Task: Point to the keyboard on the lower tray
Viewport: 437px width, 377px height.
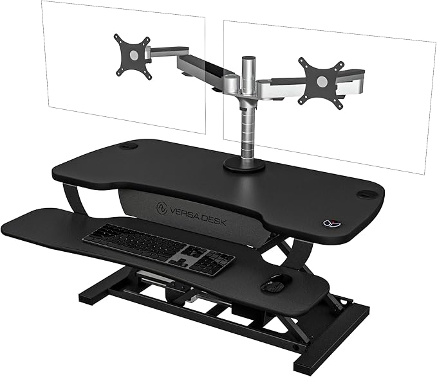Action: coord(157,245)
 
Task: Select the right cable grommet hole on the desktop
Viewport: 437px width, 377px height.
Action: coord(369,192)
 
